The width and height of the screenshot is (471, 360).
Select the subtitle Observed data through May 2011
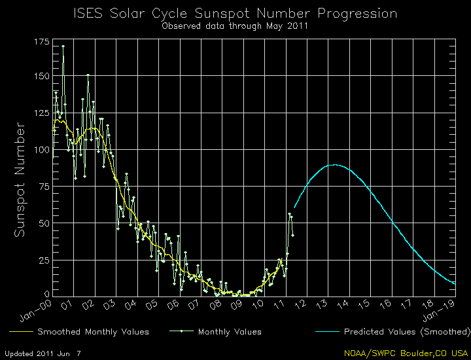point(235,26)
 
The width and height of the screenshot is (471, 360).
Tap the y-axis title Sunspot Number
point(20,179)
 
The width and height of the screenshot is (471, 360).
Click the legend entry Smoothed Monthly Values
point(93,332)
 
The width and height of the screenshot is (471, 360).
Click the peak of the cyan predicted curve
point(335,165)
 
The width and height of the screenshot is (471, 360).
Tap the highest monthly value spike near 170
point(63,46)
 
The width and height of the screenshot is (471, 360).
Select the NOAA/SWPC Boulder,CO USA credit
point(406,353)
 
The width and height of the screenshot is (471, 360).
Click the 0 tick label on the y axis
point(46,295)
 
